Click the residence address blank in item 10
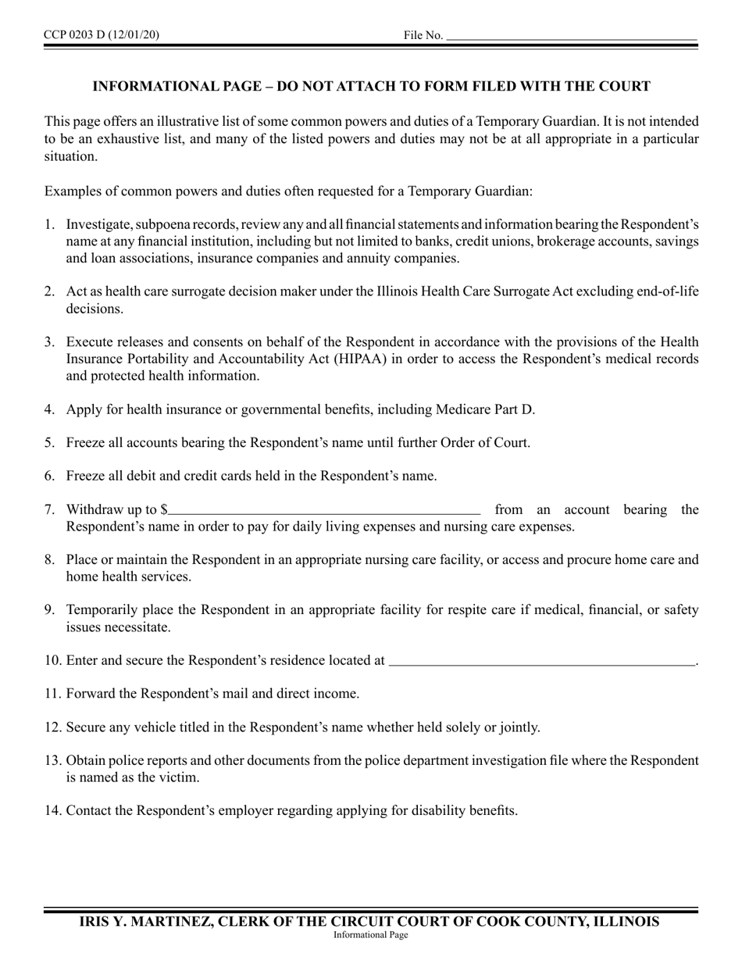pos(541,661)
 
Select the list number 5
pos(49,443)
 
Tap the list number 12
pos(53,727)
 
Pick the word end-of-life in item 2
pos(664,291)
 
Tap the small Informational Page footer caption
pos(370,935)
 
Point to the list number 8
pos(49,560)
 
